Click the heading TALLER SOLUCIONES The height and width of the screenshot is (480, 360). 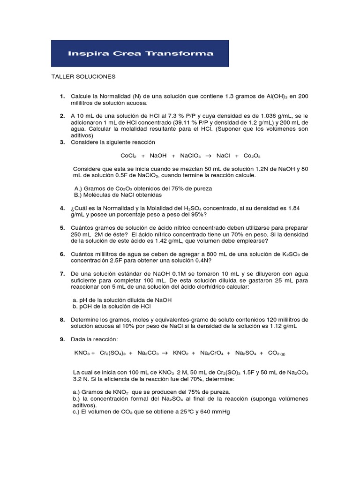[x=83, y=76]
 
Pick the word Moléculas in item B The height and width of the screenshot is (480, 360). [x=96, y=195]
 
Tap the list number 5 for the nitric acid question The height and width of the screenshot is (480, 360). [x=62, y=228]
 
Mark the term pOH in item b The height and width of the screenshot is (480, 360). [x=83, y=307]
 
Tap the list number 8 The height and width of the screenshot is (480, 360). [x=62, y=320]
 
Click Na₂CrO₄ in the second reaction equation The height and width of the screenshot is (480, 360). [x=211, y=352]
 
